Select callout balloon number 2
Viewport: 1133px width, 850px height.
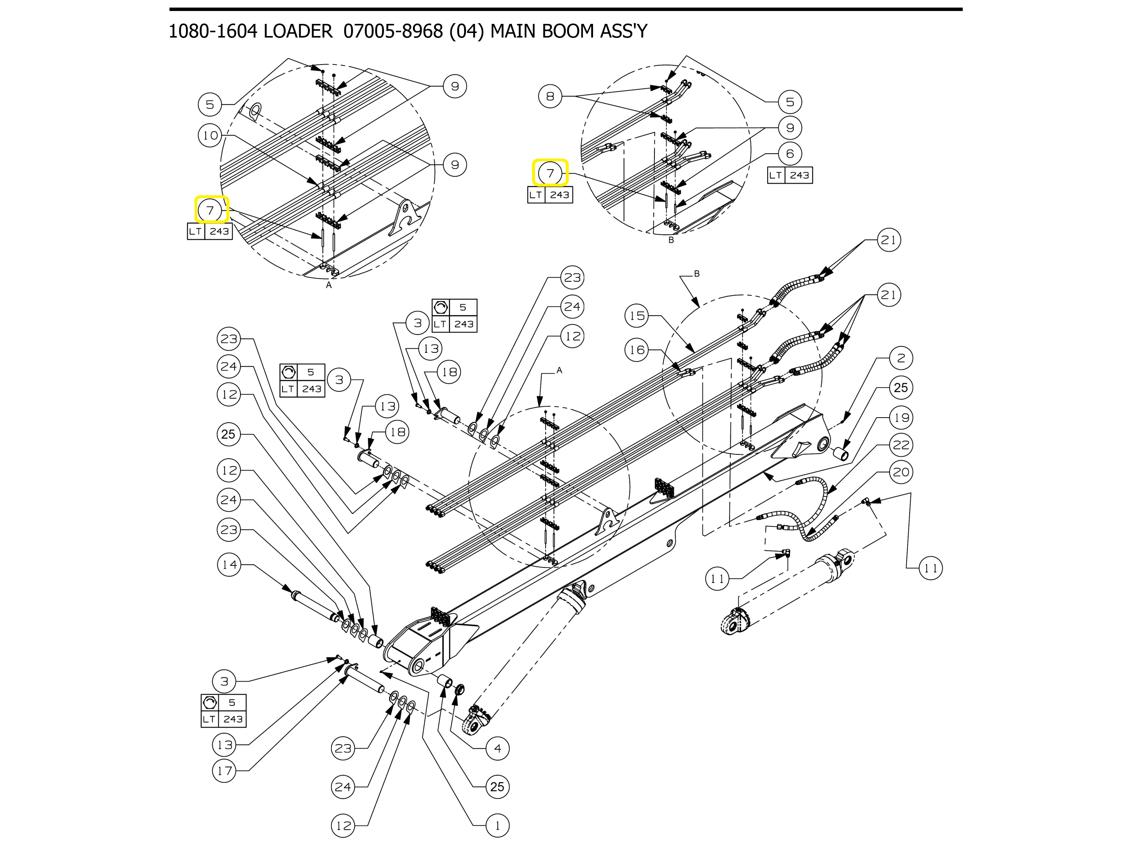click(x=901, y=358)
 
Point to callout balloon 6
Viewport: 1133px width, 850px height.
click(x=790, y=153)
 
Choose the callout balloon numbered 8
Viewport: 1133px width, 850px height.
click(x=550, y=96)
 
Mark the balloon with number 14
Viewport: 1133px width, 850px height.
click(x=229, y=565)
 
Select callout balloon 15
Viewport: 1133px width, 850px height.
click(x=637, y=316)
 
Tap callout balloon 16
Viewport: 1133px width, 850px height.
click(x=637, y=350)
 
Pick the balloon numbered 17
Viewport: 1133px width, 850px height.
click(x=224, y=771)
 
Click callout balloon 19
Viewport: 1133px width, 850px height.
click(x=901, y=418)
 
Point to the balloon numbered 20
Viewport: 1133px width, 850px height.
click(x=901, y=472)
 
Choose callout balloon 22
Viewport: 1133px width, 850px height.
click(x=901, y=445)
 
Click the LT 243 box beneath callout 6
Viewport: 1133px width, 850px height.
click(x=790, y=175)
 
